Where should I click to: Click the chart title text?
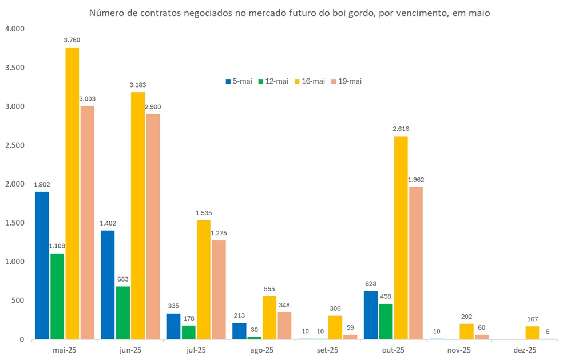[289, 13]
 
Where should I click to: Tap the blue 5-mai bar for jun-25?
[108, 285]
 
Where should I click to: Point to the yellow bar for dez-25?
[532, 333]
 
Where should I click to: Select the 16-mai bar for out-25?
[400, 238]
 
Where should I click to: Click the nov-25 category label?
[459, 350]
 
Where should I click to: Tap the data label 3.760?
[72, 39]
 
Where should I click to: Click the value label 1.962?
[416, 180]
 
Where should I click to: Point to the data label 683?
[122, 279]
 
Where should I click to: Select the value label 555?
[269, 289]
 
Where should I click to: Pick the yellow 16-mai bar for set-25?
[335, 327]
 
